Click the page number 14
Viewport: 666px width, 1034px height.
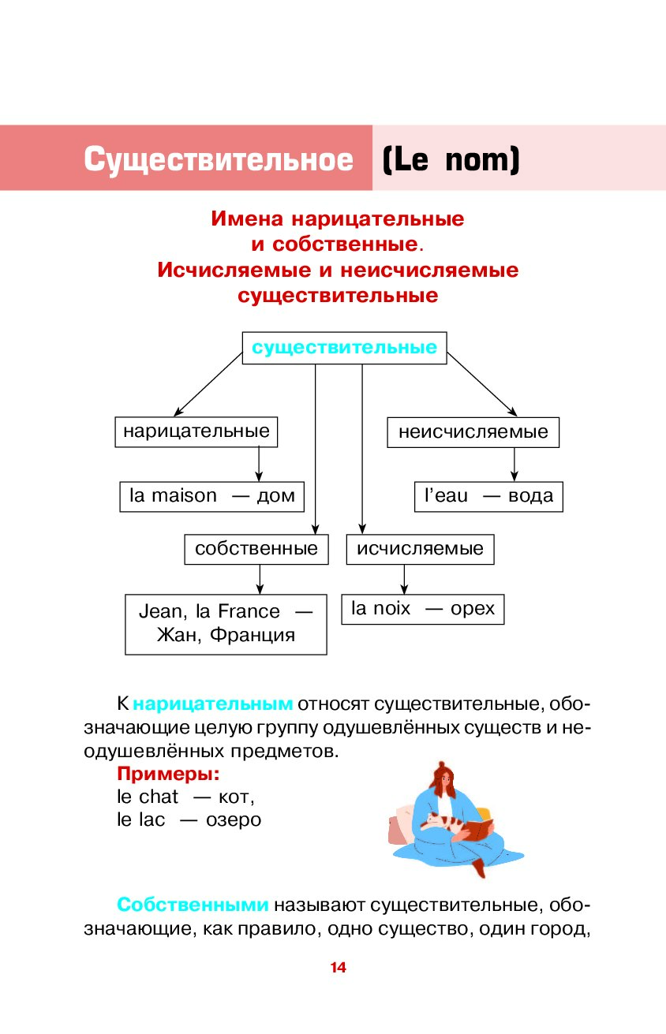[338, 968]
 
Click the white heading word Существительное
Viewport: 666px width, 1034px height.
[219, 159]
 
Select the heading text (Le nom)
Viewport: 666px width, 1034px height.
[451, 160]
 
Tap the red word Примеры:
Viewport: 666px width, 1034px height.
[168, 774]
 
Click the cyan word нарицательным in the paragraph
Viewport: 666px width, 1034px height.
[213, 704]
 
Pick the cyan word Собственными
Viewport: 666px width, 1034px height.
[193, 905]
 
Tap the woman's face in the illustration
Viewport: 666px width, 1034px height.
[445, 779]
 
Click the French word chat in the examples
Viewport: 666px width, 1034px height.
[159, 797]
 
